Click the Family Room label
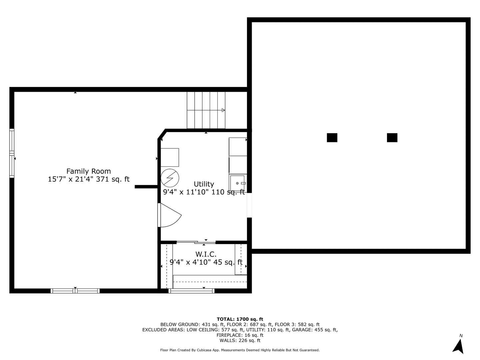pyautogui.click(x=88, y=171)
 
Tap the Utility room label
pyautogui.click(x=204, y=184)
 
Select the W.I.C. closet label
pyautogui.click(x=206, y=254)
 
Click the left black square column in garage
pyautogui.click(x=332, y=138)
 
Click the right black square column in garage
pyautogui.click(x=392, y=138)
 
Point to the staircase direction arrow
pyautogui.click(x=223, y=110)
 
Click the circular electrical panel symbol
pyautogui.click(x=170, y=179)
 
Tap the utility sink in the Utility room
pyautogui.click(x=238, y=183)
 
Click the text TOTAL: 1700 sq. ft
pyautogui.click(x=240, y=319)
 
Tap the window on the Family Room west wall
pyautogui.click(x=12, y=153)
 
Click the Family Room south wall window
pyautogui.click(x=75, y=291)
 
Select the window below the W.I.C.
pyautogui.click(x=192, y=291)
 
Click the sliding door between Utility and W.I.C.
pyautogui.click(x=196, y=242)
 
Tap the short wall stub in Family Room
pyautogui.click(x=146, y=187)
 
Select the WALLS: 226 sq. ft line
pyautogui.click(x=240, y=340)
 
